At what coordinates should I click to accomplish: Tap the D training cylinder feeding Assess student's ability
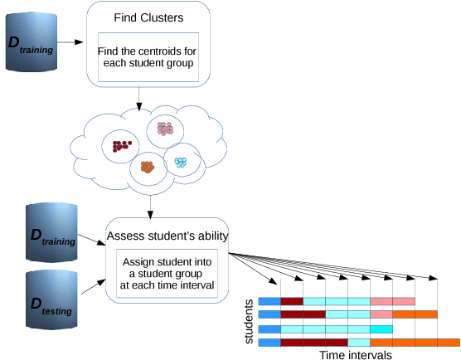coord(51,231)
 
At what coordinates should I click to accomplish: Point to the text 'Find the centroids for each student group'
coord(148,56)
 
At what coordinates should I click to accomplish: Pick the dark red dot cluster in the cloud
coord(122,147)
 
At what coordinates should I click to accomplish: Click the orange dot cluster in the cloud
coord(148,167)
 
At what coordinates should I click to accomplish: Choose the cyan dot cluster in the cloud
coord(180,161)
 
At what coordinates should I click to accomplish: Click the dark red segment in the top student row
coord(293,301)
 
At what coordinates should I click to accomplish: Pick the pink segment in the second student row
coord(381,315)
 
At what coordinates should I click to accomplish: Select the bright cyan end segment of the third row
coord(381,329)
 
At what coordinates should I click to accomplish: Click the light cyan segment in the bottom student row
coord(358,342)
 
